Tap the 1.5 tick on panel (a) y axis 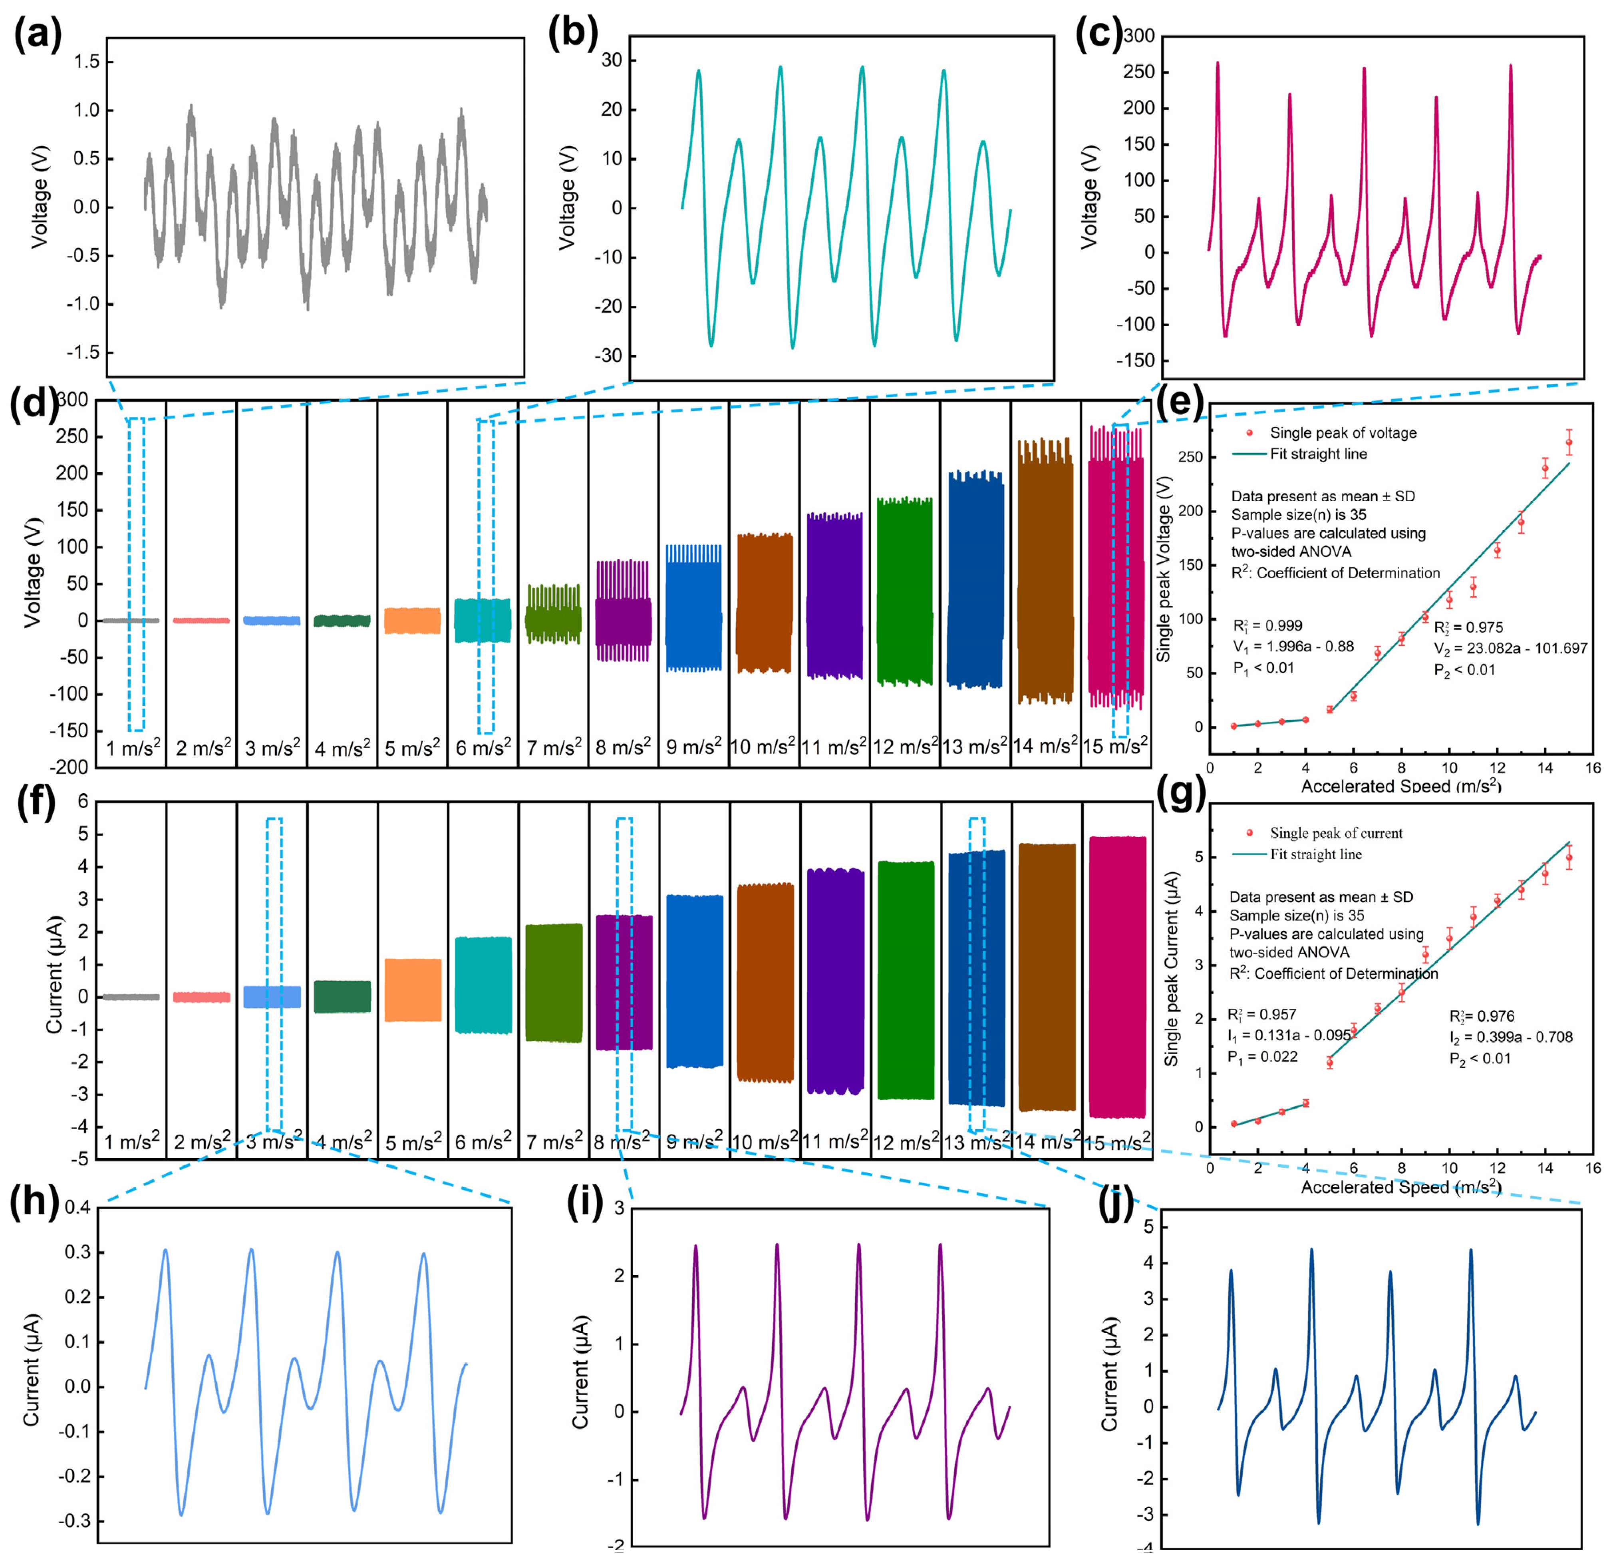pos(86,62)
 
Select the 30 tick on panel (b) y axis pos(612,61)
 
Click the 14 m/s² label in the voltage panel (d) pos(1045,746)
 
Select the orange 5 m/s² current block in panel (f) pos(413,990)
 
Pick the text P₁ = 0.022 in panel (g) pos(1263,1057)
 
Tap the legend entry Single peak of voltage pos(1343,433)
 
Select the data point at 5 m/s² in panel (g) pos(1329,1063)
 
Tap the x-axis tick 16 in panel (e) pos(1592,768)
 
